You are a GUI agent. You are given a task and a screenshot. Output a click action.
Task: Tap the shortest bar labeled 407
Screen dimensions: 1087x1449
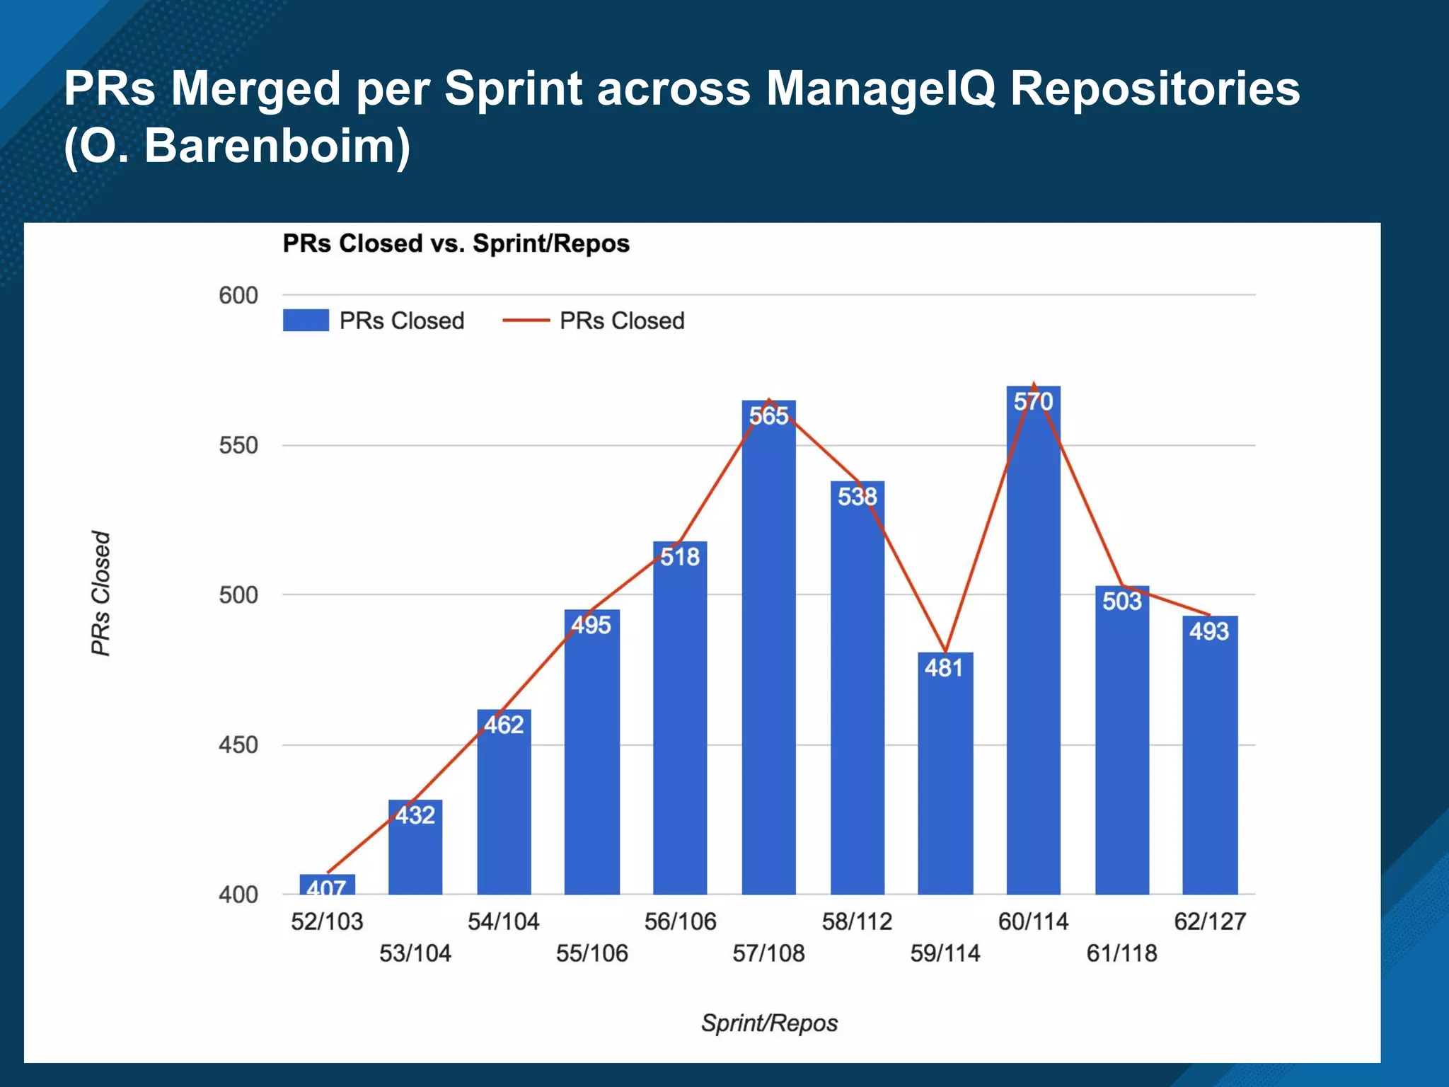click(x=327, y=885)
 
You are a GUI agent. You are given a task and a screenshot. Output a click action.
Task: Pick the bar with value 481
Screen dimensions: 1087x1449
click(x=945, y=778)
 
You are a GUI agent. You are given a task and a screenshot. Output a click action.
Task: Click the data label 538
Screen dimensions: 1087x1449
click(x=857, y=497)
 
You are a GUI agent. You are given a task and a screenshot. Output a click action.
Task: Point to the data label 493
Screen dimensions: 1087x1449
click(x=1209, y=631)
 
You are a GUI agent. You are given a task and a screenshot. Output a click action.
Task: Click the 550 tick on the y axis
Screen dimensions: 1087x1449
click(x=238, y=446)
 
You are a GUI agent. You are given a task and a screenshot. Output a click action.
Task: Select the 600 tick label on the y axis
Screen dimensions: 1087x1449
click(x=238, y=296)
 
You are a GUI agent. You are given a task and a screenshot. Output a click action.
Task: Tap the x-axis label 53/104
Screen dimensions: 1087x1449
click(x=415, y=953)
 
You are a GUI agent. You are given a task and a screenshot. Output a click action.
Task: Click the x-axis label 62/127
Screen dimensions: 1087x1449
click(x=1209, y=921)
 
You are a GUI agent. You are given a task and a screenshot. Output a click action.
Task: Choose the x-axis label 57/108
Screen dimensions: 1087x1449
click(x=768, y=953)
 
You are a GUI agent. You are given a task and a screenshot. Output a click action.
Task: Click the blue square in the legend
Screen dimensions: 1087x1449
click(x=306, y=321)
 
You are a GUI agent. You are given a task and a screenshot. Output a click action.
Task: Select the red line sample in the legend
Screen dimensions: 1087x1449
click(x=526, y=321)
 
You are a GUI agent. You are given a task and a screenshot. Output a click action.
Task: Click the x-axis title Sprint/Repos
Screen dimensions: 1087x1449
click(x=769, y=1023)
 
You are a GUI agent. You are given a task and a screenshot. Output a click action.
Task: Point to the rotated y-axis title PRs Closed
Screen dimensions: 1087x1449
click(x=101, y=593)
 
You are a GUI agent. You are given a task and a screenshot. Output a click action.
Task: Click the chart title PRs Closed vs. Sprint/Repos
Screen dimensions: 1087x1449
click(x=456, y=243)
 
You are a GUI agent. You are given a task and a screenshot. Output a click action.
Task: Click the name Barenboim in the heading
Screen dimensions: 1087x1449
click(x=269, y=146)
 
